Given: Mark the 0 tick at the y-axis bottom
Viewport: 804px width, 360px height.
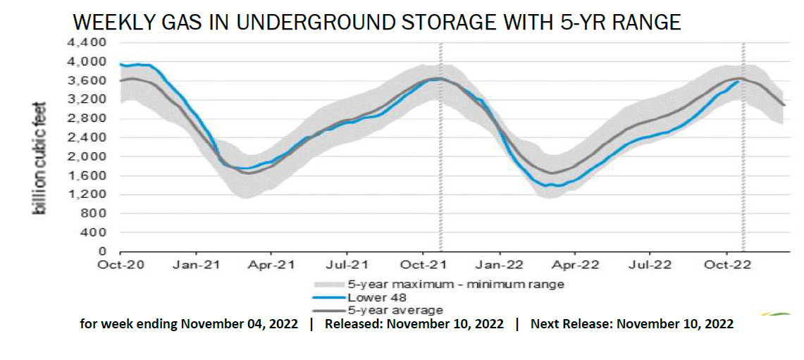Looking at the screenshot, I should click(x=103, y=251).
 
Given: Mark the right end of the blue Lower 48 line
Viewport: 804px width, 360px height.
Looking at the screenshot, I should click(x=738, y=82).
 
